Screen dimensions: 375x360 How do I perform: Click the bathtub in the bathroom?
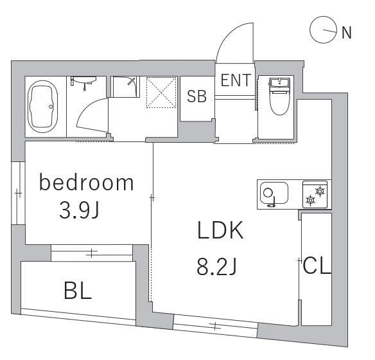coord(42,107)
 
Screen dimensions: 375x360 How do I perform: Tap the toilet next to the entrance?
coord(279,96)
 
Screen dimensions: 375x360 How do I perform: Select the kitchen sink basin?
coord(274,194)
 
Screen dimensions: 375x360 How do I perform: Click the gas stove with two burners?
coord(315,195)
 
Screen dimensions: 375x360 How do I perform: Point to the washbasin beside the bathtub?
coord(83,82)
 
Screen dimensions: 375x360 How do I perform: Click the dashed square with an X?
coord(161,93)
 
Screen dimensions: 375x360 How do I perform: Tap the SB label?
coord(196,96)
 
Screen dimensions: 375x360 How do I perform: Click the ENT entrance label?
coord(236,80)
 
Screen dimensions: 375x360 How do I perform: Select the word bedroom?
coord(86,183)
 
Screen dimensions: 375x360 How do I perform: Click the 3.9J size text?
coord(80,210)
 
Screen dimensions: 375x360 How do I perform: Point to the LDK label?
coord(220,230)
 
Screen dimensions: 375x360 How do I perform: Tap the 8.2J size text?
coord(216,267)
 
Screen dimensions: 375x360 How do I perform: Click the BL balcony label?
coord(78,291)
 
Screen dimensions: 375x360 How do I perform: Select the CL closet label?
coord(317,266)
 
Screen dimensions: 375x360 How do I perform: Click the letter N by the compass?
coord(347,33)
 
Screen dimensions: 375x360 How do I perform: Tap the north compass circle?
coord(324,30)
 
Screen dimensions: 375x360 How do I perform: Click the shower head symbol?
coord(131,82)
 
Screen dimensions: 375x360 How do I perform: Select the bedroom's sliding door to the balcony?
coord(92,253)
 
